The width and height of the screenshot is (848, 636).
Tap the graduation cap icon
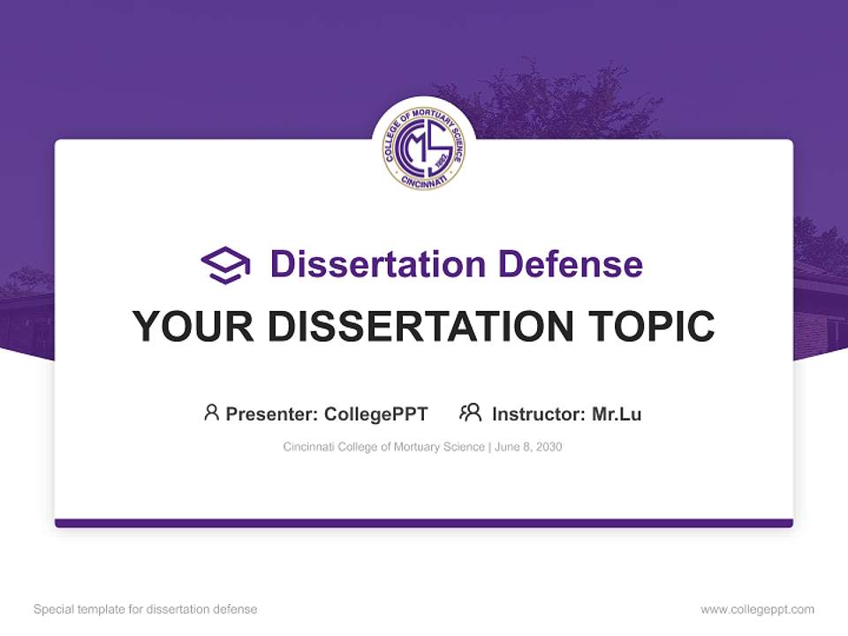226,265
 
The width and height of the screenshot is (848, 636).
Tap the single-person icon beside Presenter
211,413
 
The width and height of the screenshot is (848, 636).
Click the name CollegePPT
376,413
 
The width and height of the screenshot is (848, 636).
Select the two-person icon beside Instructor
471,413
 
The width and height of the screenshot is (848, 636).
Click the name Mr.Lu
617,413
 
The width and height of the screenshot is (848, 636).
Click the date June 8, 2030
528,447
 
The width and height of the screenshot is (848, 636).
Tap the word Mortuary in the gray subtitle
418,447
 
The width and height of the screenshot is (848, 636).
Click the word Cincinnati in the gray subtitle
309,447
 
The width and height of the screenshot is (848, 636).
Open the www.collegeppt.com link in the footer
757,609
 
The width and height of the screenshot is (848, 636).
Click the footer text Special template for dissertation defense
146,609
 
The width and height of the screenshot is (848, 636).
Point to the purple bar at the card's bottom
424,523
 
